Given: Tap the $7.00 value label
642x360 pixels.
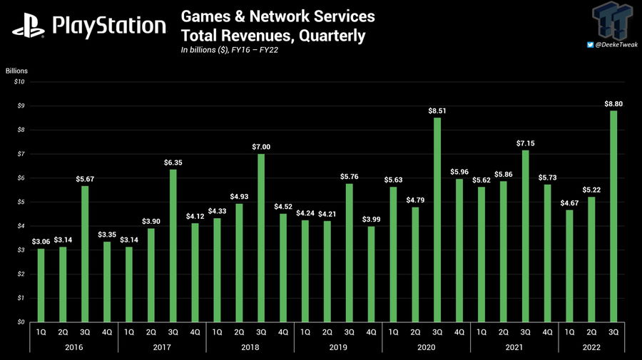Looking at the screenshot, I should tap(261, 147).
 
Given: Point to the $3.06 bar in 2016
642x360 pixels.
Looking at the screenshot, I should tap(41, 285).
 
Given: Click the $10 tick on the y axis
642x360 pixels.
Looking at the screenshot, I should tap(20, 82).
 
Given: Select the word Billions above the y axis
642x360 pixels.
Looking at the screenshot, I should tap(16, 71).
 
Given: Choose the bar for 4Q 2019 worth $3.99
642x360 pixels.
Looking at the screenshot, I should tap(371, 274).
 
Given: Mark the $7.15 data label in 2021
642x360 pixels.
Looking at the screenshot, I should tap(526, 143).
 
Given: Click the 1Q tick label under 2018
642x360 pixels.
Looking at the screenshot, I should tap(217, 331).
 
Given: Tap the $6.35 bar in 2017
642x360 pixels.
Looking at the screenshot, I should tap(173, 245).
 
